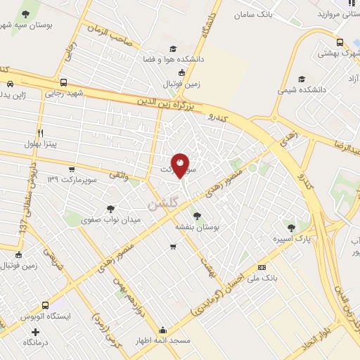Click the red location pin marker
180,165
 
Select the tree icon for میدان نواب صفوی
110,209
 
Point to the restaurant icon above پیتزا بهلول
41,132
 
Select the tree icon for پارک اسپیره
290,227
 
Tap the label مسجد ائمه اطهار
163,341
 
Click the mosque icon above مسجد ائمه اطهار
163,330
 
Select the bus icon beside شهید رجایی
64,82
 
